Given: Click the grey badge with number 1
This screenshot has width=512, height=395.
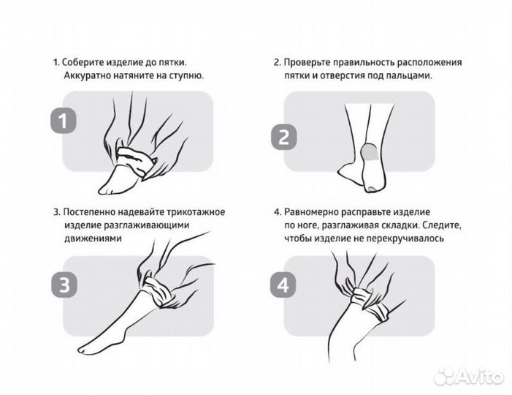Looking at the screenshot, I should pyautogui.click(x=64, y=121).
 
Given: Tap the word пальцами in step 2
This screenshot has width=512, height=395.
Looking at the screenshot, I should pyautogui.click(x=410, y=75).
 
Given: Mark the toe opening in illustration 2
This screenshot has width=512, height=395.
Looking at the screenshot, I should pyautogui.click(x=372, y=189).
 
